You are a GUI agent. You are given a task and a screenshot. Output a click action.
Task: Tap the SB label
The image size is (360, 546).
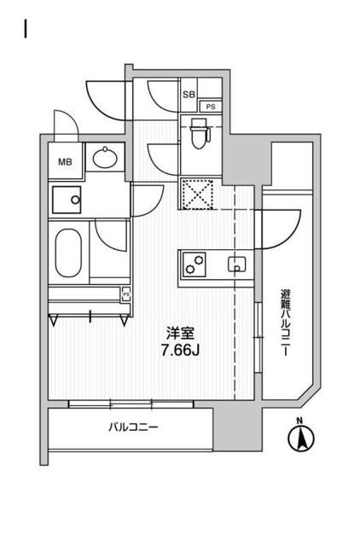tap(189, 94)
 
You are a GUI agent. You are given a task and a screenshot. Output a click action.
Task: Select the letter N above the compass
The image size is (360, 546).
tap(299, 420)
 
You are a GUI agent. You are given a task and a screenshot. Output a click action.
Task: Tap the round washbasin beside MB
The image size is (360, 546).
tap(107, 159)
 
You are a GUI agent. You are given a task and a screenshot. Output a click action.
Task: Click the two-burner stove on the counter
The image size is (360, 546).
tap(195, 264)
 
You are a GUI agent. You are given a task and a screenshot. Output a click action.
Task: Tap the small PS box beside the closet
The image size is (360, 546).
tap(127, 294)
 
